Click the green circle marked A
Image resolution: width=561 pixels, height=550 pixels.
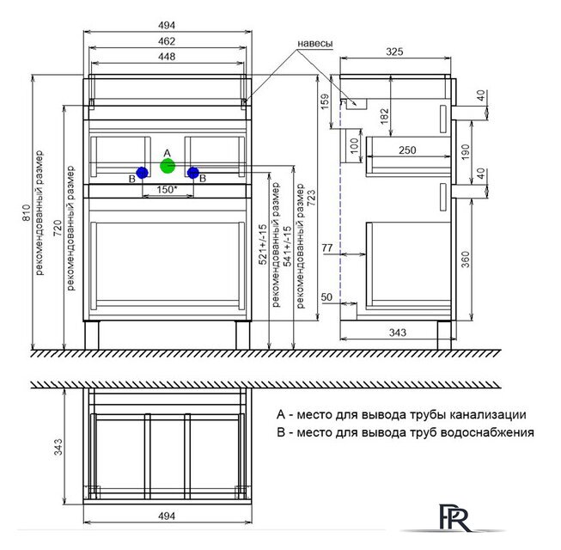(x=168, y=166)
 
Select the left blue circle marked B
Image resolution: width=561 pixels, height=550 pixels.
(x=142, y=173)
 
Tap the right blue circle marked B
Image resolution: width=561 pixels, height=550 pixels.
(x=193, y=173)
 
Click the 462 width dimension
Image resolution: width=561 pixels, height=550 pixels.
(x=167, y=41)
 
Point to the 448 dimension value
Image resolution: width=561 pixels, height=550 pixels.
(x=167, y=57)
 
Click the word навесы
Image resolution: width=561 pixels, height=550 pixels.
(x=315, y=43)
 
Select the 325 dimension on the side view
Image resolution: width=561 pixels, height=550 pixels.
(x=394, y=52)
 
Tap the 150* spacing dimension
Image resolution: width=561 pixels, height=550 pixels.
(x=167, y=189)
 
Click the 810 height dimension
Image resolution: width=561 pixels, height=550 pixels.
(x=27, y=212)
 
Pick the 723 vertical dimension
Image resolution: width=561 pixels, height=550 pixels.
(x=311, y=198)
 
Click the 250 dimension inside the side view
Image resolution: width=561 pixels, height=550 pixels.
(x=407, y=150)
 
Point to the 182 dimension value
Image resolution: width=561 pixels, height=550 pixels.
(x=384, y=116)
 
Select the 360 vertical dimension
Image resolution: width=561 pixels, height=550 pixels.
(x=465, y=260)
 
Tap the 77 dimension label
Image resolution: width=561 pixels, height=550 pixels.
(x=327, y=247)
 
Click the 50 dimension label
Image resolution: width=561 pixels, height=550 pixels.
(x=326, y=297)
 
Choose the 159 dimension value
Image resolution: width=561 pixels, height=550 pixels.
(x=325, y=101)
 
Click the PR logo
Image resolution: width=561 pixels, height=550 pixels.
(x=454, y=517)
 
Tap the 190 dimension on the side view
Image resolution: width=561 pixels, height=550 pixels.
(x=465, y=152)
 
